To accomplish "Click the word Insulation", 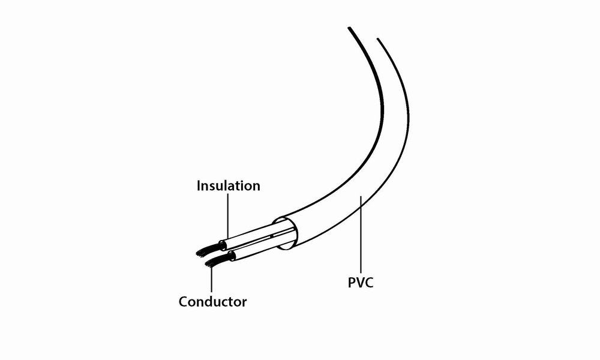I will (229, 186).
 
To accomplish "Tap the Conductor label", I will (212, 301).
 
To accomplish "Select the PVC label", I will (361, 282).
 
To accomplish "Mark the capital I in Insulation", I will (199, 186).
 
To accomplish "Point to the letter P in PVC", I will (352, 282).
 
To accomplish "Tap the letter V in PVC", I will (361, 282).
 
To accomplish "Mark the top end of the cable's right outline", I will (378, 40).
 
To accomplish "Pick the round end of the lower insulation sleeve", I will (232, 257).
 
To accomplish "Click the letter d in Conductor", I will (215, 301).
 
